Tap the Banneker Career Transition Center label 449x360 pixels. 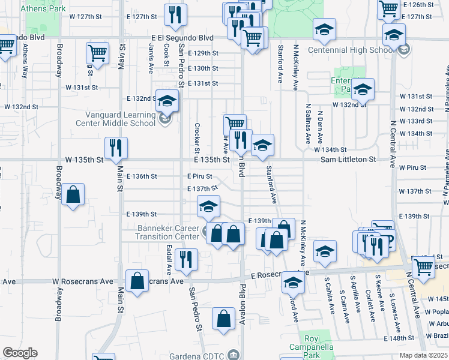[x=160, y=232]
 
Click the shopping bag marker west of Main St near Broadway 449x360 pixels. [x=73, y=194]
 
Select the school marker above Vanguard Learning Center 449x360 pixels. [x=167, y=100]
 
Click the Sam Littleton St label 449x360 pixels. [x=348, y=160]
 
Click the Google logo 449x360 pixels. [x=20, y=353]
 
